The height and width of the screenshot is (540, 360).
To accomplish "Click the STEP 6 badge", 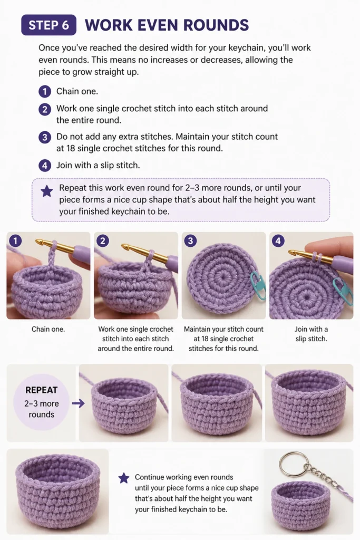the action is tap(48, 25).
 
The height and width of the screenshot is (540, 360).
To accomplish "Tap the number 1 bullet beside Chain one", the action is tap(45, 92).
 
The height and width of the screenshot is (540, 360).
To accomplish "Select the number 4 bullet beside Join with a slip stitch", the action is tap(45, 166).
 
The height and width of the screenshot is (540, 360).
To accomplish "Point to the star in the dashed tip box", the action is tap(47, 191).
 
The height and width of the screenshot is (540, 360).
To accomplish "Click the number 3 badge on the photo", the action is tap(190, 240).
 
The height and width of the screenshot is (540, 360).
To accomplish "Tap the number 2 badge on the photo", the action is tap(103, 240).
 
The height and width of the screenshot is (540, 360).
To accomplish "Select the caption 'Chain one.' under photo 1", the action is tap(48, 329).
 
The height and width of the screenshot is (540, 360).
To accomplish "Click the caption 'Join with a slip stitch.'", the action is tap(311, 334).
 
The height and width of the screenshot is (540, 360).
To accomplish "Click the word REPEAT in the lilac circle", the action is tap(41, 390).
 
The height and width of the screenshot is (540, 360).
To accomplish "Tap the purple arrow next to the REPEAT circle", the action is tap(79, 403).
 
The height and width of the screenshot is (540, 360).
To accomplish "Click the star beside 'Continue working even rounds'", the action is tap(124, 478).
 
